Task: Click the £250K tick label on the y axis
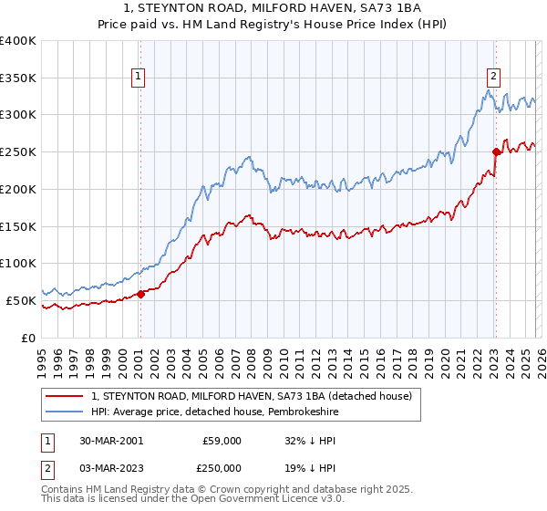tap(18, 152)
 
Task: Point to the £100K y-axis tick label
tap(18, 264)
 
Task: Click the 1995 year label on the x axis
tap(42, 356)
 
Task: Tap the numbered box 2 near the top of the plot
tap(493, 78)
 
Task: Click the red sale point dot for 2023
tap(496, 152)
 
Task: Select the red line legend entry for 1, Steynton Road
tap(253, 396)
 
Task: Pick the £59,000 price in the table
tap(222, 440)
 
